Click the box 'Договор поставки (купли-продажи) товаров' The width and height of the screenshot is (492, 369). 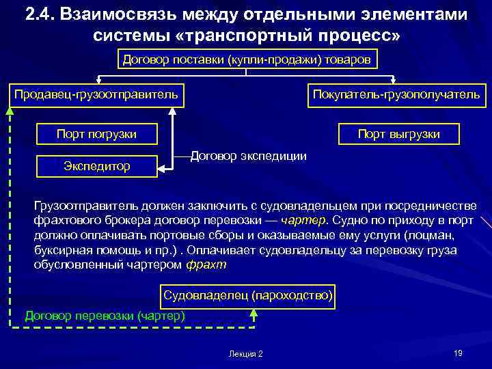pos(246,59)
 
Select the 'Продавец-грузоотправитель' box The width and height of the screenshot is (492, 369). pos(96,94)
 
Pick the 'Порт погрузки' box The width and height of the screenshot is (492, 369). pos(96,134)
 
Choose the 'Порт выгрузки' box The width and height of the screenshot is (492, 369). pos(399,134)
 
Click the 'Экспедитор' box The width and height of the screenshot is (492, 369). pos(96,166)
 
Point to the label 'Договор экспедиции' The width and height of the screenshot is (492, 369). pos(248,156)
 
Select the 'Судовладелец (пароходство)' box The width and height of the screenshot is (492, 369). pos(248,296)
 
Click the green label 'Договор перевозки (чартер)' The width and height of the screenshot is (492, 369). pos(105,316)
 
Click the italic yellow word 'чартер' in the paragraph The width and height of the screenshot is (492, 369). pos(308,221)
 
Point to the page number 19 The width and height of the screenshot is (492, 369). pos(458,353)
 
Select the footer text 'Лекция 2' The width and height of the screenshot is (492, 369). pos(246,354)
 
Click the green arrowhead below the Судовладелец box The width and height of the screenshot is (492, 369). pos(254,312)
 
